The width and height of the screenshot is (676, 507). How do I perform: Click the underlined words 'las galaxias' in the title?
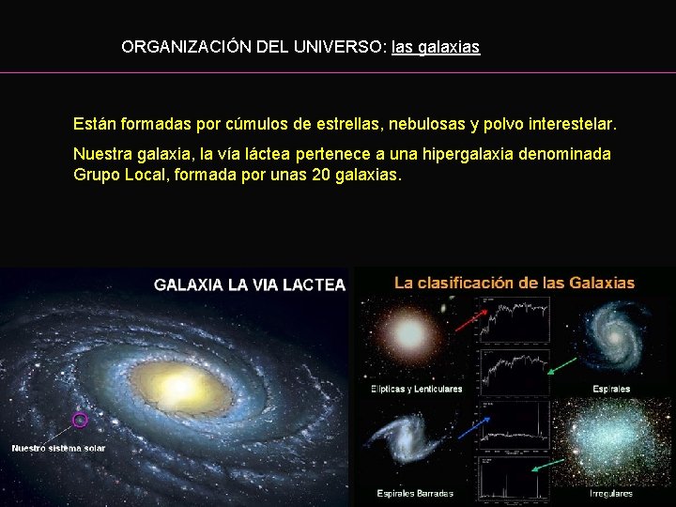[x=436, y=46]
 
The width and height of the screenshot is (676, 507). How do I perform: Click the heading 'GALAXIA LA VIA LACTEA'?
[x=250, y=284]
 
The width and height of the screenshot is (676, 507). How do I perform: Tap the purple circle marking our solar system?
[x=80, y=420]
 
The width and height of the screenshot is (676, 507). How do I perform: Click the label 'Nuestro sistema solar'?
[x=58, y=448]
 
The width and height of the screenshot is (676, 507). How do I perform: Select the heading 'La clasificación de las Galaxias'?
[x=514, y=283]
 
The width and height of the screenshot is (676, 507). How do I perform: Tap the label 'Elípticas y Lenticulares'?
[x=417, y=389]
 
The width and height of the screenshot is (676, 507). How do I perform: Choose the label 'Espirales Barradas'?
[x=415, y=493]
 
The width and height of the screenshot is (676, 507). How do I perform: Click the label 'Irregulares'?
[x=610, y=493]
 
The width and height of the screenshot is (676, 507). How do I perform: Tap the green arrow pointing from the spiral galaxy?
[x=561, y=367]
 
